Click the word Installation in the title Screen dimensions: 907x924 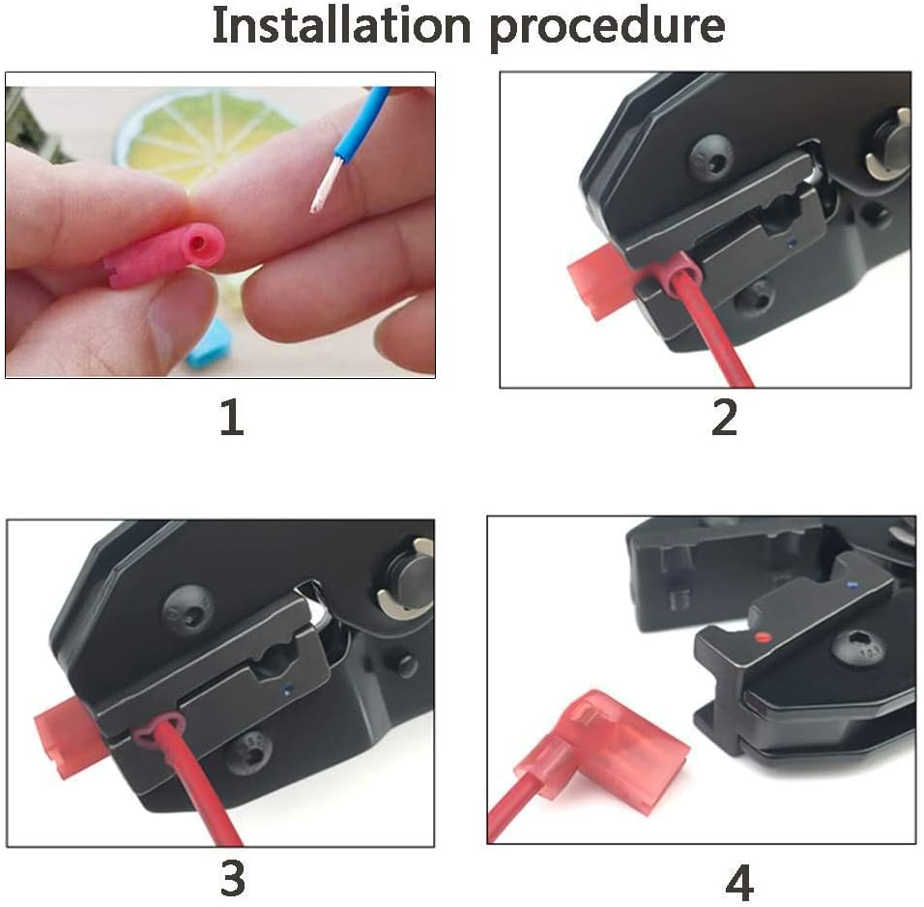click(x=339, y=25)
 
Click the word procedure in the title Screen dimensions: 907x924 click(x=606, y=27)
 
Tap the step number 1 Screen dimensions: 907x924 click(x=231, y=418)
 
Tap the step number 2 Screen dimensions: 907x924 click(x=723, y=418)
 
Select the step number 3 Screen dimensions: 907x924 click(x=231, y=878)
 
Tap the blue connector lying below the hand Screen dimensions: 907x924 click(x=206, y=349)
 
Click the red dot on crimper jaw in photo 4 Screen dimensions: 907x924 click(x=763, y=636)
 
